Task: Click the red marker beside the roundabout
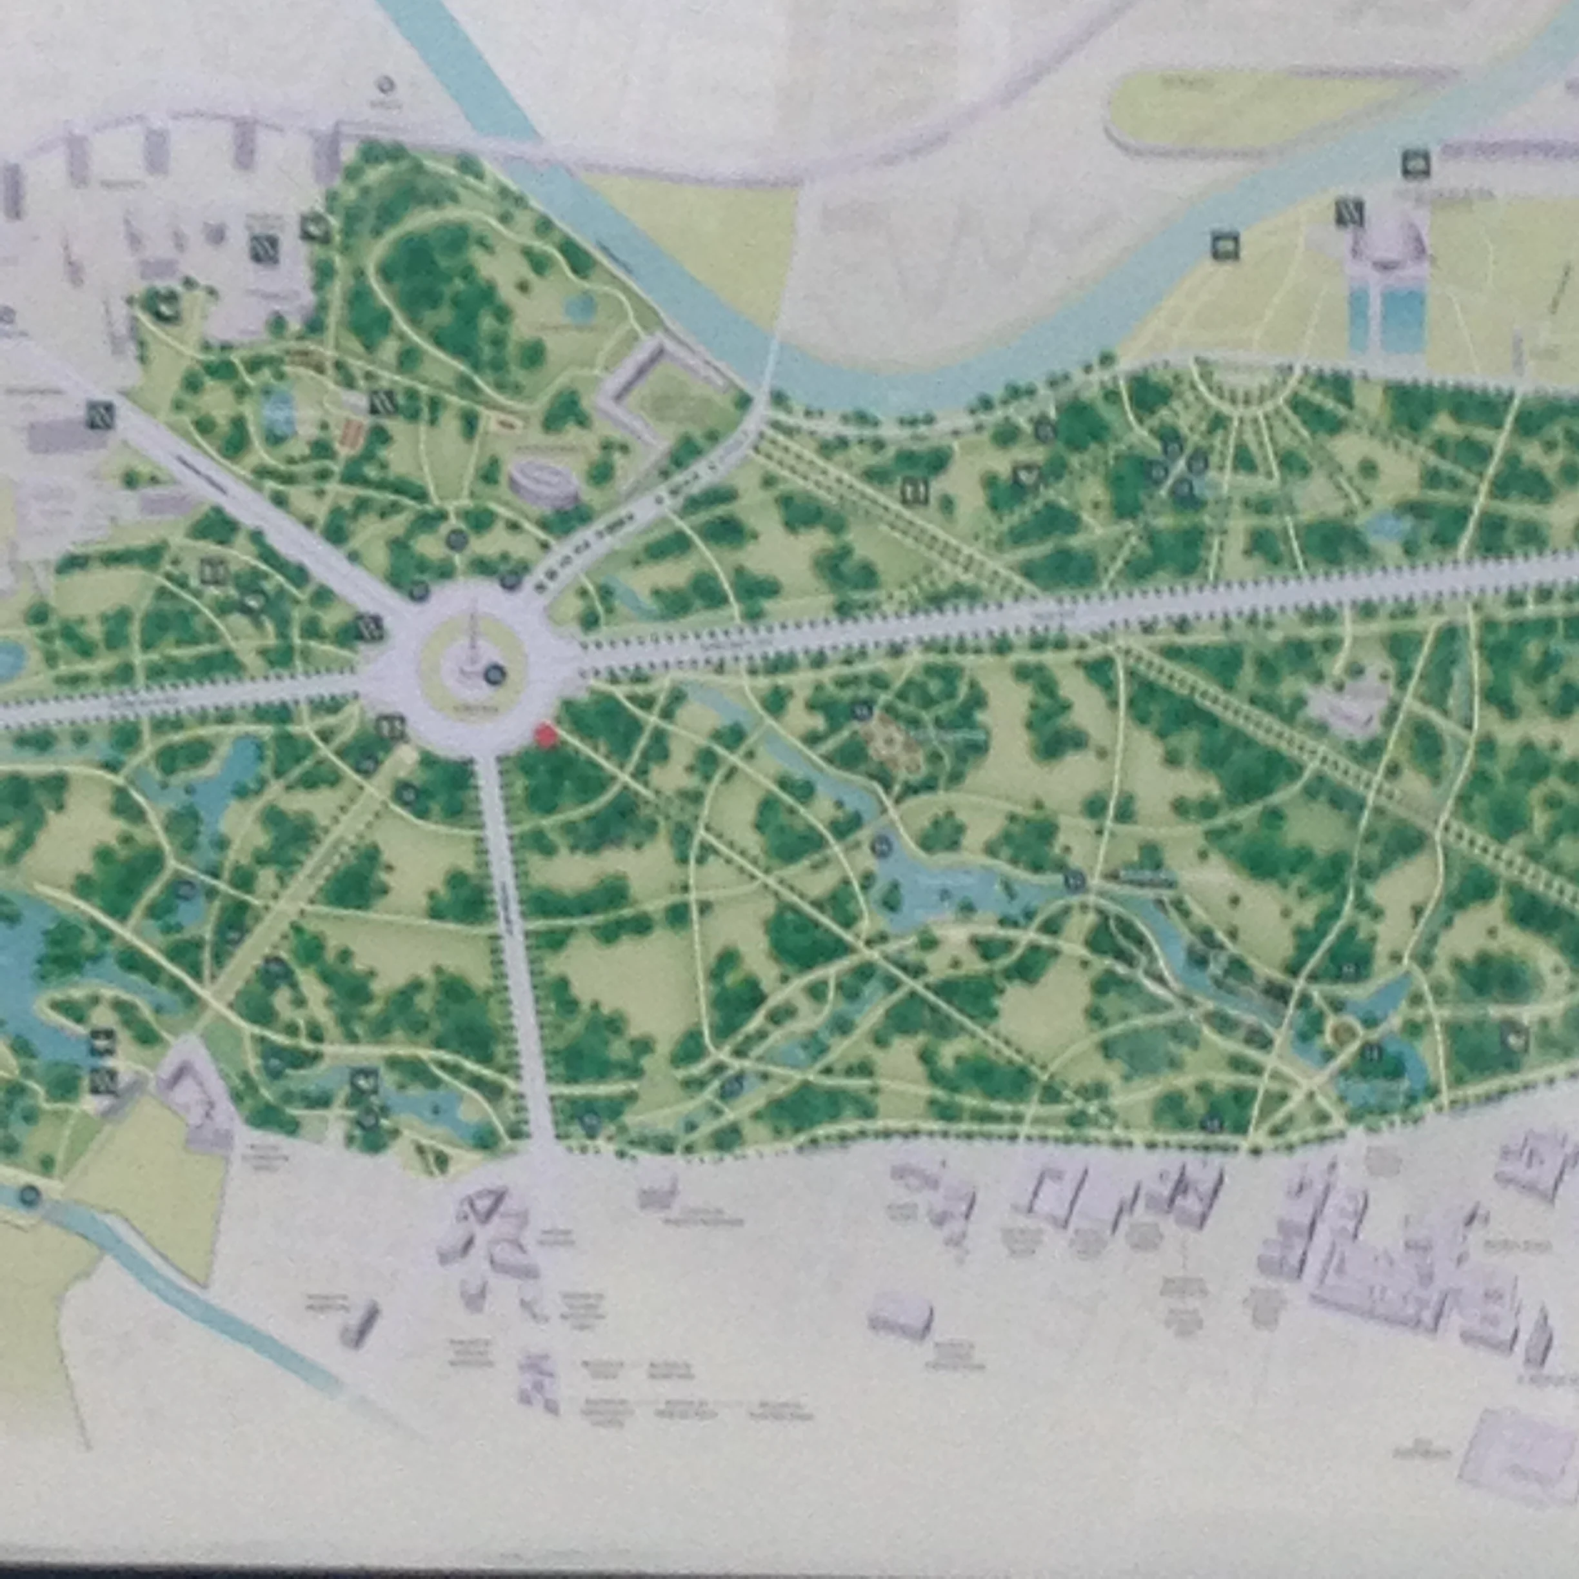click(545, 735)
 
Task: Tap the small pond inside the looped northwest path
click(581, 307)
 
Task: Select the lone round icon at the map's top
click(386, 86)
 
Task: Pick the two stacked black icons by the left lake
click(101, 1063)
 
